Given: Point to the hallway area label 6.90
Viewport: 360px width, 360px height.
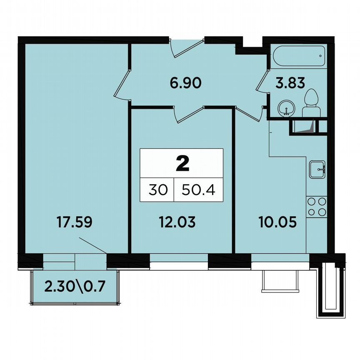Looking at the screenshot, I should point(185,83).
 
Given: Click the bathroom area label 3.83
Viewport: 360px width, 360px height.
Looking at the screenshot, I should point(290,83).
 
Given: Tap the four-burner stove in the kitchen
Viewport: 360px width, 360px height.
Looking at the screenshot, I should point(317,207).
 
